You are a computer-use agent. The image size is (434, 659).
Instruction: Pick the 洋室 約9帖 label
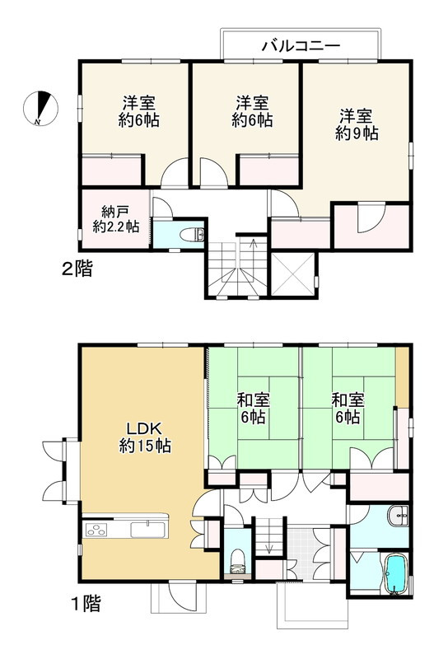357,123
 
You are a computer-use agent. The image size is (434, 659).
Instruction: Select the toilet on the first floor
237,559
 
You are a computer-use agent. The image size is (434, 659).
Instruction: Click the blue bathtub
395,573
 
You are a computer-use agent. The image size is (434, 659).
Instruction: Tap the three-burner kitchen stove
98,527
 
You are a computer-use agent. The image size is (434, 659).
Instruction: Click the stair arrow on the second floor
253,245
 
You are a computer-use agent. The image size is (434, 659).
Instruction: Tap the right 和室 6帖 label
346,409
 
